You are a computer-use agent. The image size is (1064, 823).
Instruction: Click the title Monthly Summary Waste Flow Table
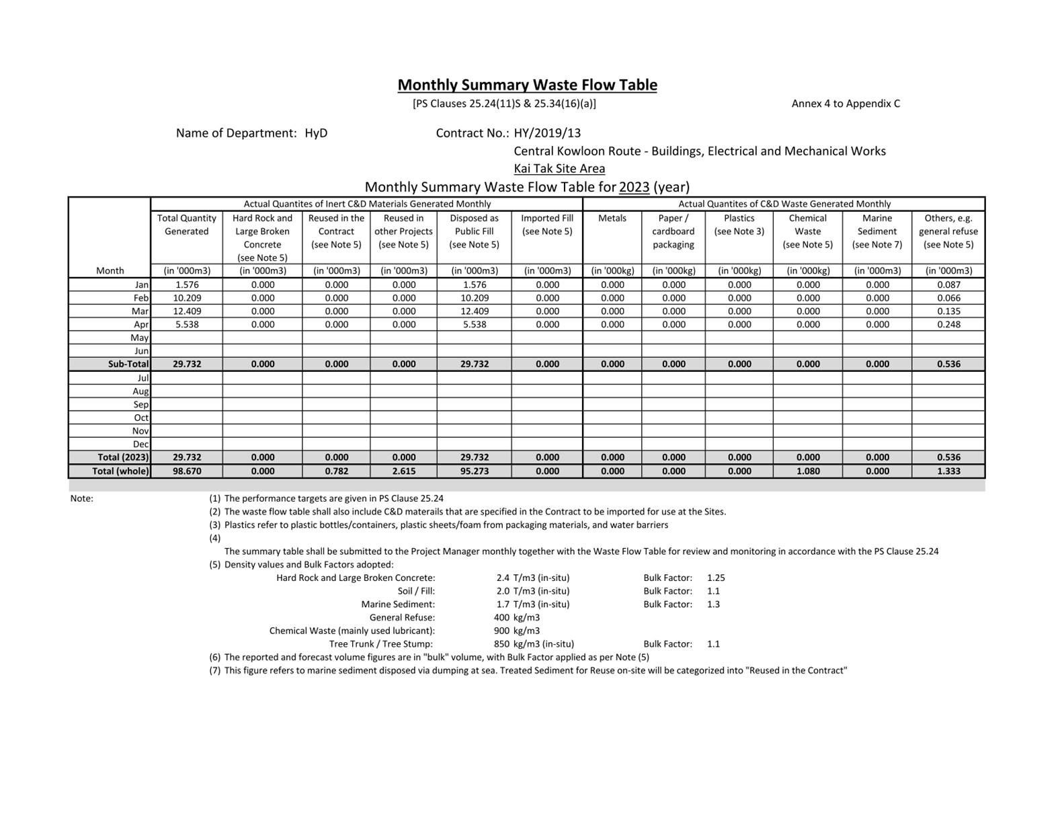tap(527, 85)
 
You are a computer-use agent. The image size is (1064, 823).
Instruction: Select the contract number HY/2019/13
tap(547, 133)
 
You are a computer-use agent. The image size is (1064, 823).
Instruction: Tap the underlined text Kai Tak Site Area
tap(559, 169)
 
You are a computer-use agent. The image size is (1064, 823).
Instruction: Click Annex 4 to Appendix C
tap(846, 104)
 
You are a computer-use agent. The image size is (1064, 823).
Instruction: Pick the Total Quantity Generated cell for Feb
tap(186, 298)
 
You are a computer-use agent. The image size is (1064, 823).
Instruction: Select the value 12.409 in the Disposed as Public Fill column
tap(474, 311)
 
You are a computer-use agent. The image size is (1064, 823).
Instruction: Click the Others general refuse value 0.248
tap(948, 324)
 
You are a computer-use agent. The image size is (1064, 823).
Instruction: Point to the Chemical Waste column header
tap(807, 231)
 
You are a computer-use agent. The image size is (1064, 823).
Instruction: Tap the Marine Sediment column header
tap(876, 231)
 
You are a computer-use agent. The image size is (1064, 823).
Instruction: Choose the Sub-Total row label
tap(128, 364)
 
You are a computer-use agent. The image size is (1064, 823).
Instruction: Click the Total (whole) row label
tap(120, 471)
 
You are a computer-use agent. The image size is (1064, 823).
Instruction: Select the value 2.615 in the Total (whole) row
tap(403, 471)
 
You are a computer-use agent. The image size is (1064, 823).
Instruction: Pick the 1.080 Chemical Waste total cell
tap(807, 471)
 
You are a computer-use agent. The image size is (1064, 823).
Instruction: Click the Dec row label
tap(140, 444)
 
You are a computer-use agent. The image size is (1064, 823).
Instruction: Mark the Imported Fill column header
tap(546, 225)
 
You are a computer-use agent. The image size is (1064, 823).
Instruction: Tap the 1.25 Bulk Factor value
tap(716, 578)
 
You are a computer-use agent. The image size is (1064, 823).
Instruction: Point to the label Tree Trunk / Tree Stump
tap(381, 644)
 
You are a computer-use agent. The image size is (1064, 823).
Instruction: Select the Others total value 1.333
tap(948, 471)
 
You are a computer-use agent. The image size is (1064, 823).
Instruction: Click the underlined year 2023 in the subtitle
tap(634, 187)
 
